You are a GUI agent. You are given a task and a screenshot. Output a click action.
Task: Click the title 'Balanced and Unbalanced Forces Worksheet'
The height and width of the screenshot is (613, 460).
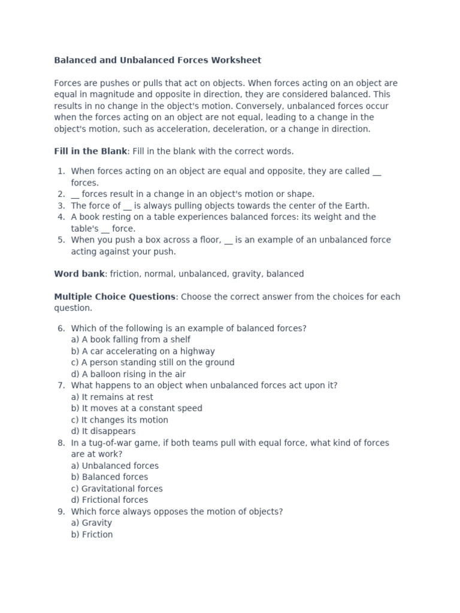158,60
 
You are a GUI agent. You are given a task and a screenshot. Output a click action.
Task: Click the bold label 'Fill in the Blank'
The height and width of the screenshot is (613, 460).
90,151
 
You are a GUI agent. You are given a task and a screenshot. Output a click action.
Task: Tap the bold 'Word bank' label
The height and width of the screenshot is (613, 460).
79,274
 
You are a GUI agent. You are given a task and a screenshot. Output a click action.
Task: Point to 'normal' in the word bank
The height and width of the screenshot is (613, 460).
160,274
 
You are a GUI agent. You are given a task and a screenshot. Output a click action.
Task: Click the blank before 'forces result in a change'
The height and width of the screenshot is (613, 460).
75,195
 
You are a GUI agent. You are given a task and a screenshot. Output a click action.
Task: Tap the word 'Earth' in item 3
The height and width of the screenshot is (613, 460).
356,206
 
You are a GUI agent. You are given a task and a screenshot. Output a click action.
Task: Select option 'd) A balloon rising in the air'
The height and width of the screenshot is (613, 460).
128,374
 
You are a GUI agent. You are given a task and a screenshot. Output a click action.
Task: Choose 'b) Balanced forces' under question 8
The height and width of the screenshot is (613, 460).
109,477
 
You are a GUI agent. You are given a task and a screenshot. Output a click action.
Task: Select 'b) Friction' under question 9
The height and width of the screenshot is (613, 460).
92,535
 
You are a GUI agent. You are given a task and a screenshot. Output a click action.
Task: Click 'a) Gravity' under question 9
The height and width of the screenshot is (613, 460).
91,523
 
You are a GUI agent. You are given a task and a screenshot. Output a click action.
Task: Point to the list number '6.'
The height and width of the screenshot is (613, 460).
61,329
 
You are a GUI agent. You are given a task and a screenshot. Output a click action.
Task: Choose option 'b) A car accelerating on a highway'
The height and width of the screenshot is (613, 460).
143,351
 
